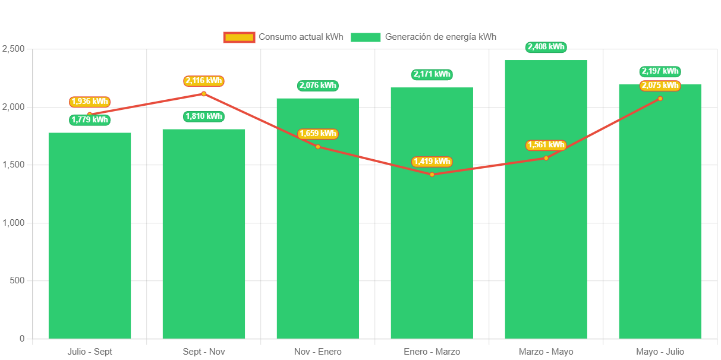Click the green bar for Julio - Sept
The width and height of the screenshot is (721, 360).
[x=89, y=238]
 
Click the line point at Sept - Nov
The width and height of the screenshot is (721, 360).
[x=204, y=94]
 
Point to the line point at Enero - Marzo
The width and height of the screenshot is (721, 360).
[x=432, y=175]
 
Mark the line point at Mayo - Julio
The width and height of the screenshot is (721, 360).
[x=660, y=99]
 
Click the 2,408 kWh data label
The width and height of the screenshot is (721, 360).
[x=546, y=47]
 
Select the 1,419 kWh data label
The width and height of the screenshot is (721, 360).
[x=432, y=162]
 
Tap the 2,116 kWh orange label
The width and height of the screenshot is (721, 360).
[x=204, y=81]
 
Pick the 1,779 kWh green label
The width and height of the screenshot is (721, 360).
[x=90, y=120]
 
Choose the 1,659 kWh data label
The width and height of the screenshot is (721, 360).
[x=317, y=134]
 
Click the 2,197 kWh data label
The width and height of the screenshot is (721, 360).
[x=660, y=71]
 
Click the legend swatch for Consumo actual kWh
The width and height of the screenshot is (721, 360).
[x=239, y=37]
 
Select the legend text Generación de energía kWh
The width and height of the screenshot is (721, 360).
[x=440, y=37]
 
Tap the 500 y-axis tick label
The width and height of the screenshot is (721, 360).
[x=16, y=280]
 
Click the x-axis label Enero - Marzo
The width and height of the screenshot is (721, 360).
[x=432, y=352]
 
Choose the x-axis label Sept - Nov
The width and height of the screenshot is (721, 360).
[x=204, y=352]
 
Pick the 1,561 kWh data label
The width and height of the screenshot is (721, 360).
[x=546, y=145]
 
